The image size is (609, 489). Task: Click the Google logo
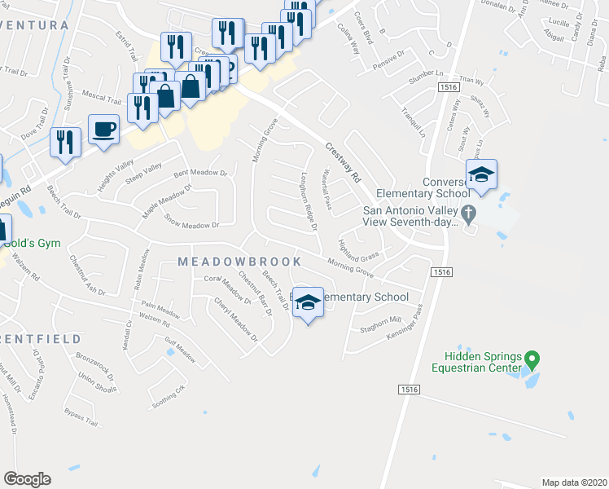(x=27, y=479)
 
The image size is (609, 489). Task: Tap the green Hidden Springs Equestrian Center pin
(x=532, y=359)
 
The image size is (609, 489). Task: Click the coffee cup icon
(x=103, y=130)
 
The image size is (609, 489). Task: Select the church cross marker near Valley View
(x=468, y=214)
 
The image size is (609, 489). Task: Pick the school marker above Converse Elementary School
(x=481, y=175)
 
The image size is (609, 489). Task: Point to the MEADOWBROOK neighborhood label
(x=239, y=262)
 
